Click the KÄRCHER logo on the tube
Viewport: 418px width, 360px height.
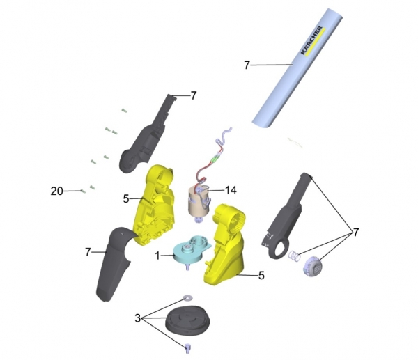[x=312, y=40]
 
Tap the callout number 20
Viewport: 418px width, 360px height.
[x=57, y=191]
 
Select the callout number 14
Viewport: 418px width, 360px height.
[x=231, y=190]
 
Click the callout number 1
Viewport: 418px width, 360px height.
[x=157, y=256]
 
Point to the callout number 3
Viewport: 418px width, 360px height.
[x=137, y=318]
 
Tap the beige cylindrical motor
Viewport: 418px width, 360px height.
[x=199, y=203]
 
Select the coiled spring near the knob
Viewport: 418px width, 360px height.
[x=295, y=256]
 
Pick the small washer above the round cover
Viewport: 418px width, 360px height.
[x=187, y=298]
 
